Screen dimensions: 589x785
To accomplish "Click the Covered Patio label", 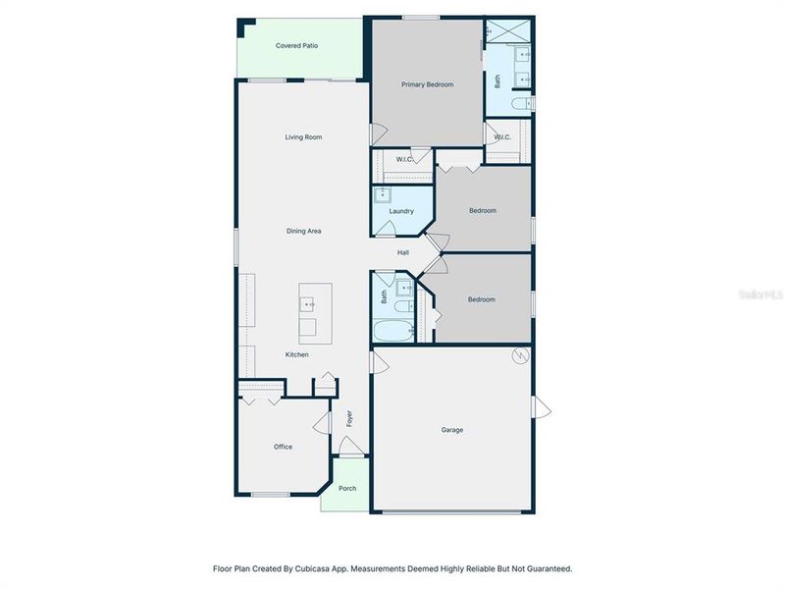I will coord(296,45).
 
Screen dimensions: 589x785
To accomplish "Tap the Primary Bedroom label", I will coord(427,84).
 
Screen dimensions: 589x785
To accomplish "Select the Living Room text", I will coord(303,137).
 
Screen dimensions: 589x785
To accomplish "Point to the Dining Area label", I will coord(303,231).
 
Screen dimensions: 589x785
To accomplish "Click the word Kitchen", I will coord(296,354).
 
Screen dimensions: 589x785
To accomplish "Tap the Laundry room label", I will coord(401,211).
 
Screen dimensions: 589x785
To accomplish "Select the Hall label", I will coord(402,253).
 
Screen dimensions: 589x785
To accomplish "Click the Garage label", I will coord(451,430).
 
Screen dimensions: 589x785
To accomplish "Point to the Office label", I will coord(283,447).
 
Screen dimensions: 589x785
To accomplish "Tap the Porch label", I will coord(346,489).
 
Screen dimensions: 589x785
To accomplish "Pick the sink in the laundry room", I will coord(384,194).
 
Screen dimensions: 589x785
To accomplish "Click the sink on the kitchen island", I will coord(308,304).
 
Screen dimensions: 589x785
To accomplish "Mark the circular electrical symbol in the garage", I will coord(520,355).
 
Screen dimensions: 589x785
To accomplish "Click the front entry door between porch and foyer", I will coord(349,450).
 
